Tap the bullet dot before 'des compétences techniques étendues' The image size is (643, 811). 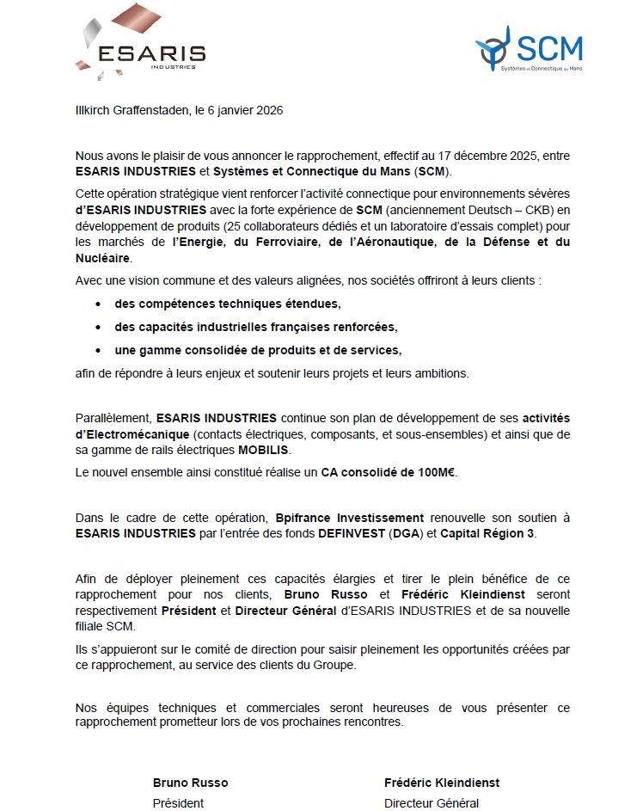pos(99,304)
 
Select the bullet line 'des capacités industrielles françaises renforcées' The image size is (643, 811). pos(256,327)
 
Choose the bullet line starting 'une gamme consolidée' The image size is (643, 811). pos(258,350)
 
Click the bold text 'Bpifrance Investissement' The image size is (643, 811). pos(350,519)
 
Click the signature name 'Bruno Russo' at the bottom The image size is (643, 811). pos(190,783)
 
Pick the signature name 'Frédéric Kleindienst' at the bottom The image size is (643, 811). pos(442,783)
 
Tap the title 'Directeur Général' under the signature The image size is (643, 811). pos(432,803)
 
